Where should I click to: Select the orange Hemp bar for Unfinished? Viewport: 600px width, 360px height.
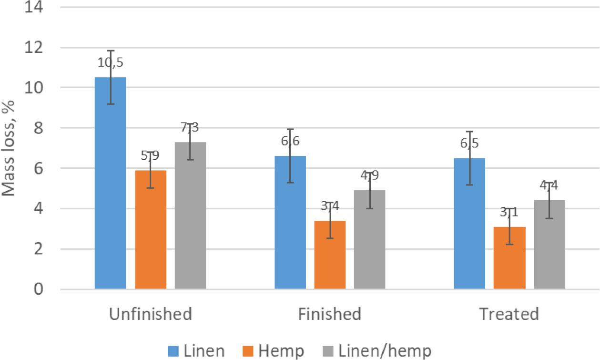coord(151,229)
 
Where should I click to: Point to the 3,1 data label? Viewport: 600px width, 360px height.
coord(509,212)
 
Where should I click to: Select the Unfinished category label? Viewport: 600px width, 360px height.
coord(151,314)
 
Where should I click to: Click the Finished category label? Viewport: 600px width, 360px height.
coord(329,314)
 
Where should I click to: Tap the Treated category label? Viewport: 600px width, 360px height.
coord(509,314)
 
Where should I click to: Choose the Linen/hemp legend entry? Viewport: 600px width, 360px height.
coord(385,351)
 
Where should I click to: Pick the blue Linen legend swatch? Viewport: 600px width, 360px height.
coord(173,351)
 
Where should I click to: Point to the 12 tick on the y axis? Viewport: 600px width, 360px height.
coord(36,48)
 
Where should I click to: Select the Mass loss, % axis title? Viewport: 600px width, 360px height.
coord(10,148)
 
